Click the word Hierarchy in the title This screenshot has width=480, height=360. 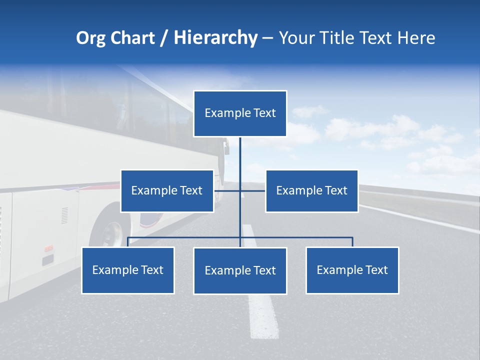tap(215, 38)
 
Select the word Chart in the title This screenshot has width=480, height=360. tap(130, 38)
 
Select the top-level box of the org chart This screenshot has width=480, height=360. tap(240, 113)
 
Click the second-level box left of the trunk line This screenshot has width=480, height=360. tap(167, 191)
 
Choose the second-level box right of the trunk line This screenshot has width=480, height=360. tap(311, 191)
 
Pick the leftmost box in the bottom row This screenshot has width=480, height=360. tap(128, 270)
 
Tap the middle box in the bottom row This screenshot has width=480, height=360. tap(240, 271)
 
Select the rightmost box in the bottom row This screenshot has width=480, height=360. tap(352, 270)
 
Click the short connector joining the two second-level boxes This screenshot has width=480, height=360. tap(252, 190)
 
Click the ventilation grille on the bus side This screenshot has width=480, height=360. tap(64, 215)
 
